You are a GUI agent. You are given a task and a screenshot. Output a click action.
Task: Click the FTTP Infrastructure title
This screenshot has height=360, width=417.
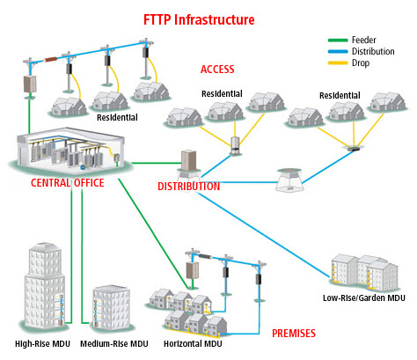click(x=199, y=20)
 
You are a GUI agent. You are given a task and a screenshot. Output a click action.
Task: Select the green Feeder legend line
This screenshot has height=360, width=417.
click(x=338, y=40)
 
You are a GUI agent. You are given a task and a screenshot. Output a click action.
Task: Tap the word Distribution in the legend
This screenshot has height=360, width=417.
click(x=373, y=51)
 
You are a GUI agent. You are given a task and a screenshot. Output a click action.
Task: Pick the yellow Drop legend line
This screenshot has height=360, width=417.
click(x=338, y=62)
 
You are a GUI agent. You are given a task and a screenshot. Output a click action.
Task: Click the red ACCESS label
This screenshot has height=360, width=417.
click(x=217, y=70)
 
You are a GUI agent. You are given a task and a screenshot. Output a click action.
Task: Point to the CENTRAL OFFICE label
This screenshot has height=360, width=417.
click(x=68, y=183)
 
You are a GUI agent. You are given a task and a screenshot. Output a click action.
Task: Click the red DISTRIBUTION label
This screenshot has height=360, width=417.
click(x=189, y=187)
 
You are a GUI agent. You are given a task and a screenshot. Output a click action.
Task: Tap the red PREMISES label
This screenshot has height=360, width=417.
click(x=294, y=334)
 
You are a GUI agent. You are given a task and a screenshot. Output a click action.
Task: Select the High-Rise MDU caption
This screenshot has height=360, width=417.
click(x=42, y=343)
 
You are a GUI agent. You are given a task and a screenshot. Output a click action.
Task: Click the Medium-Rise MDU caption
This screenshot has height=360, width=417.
click(x=114, y=343)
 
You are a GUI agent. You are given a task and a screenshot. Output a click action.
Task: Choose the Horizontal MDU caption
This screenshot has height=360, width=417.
click(x=193, y=343)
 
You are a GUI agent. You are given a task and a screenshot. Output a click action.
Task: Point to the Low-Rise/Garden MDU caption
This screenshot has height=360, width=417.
click(x=364, y=298)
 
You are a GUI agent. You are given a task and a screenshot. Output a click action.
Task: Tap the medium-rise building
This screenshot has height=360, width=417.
click(x=111, y=306)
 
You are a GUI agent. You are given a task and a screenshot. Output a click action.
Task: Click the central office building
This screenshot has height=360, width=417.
click(x=70, y=151)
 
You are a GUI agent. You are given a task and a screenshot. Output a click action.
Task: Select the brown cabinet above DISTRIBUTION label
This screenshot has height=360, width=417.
click(x=188, y=160)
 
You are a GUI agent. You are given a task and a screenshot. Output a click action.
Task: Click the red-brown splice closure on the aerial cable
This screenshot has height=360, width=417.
click(x=52, y=59)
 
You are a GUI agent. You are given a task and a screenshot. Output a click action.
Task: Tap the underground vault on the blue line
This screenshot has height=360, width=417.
click(x=289, y=180)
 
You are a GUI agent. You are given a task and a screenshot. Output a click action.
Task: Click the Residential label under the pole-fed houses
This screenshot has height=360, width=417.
click(x=117, y=117)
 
